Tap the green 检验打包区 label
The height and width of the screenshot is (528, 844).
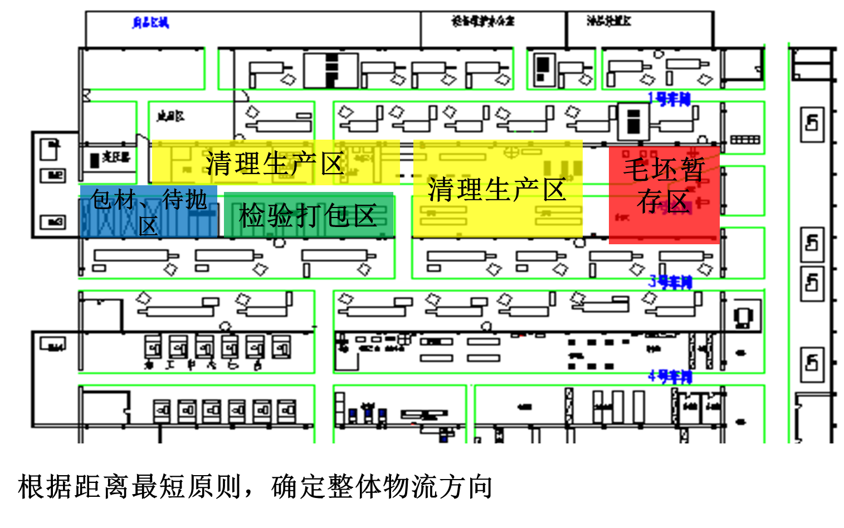pyautogui.click(x=308, y=216)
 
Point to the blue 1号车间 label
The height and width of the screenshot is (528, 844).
pyautogui.click(x=669, y=100)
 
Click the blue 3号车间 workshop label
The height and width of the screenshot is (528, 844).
pyautogui.click(x=670, y=282)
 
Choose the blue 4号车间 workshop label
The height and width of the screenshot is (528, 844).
pyautogui.click(x=670, y=377)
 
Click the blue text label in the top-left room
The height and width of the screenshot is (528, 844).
pyautogui.click(x=150, y=23)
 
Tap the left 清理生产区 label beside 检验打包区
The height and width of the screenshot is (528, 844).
pyautogui.click(x=275, y=164)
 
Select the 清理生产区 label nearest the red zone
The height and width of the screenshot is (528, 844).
pyautogui.click(x=497, y=190)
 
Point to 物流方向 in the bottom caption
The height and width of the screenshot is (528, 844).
pyautogui.click(x=438, y=487)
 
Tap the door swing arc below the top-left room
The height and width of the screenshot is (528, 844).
pyautogui.click(x=241, y=96)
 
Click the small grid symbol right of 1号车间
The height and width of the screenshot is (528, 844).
pyautogui.click(x=745, y=139)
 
